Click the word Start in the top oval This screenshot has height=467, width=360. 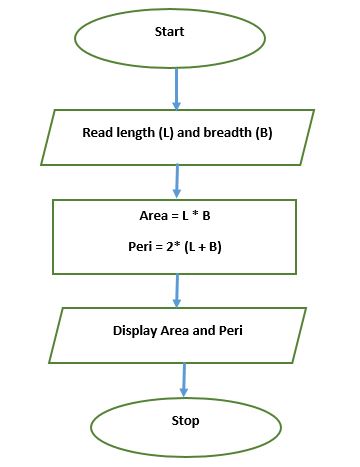tap(169, 33)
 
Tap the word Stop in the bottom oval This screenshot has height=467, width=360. tap(185, 421)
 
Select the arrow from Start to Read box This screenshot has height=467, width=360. tap(177, 88)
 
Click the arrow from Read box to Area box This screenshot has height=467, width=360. tap(178, 179)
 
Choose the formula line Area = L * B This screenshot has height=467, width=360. tap(175, 216)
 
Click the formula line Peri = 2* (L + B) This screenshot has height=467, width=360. tap(175, 246)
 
